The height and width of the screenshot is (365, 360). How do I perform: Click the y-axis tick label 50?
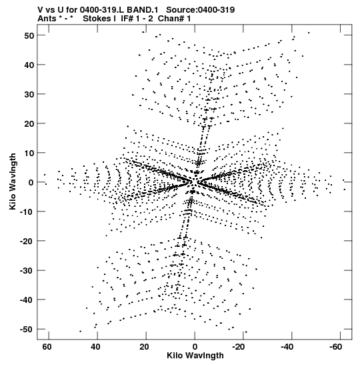29,35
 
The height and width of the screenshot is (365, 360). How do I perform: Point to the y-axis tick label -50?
27,330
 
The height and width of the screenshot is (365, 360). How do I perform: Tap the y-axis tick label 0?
31,183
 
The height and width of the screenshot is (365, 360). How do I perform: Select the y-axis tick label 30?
29,95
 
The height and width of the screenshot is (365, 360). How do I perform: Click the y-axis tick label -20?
27,241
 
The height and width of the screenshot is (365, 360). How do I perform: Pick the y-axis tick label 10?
29,153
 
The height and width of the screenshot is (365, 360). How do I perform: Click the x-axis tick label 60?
47,347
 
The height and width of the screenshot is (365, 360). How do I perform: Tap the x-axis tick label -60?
335,347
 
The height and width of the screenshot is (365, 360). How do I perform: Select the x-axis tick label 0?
195,347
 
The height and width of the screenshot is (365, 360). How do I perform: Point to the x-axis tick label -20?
237,347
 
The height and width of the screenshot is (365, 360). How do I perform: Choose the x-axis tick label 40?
95,347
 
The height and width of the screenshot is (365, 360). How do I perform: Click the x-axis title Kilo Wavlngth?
195,356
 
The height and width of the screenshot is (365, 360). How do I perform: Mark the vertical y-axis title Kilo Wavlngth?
13,181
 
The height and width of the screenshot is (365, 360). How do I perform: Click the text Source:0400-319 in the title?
200,10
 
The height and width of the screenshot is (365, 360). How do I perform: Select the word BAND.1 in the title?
142,10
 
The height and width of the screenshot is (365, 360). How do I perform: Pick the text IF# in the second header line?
127,19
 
